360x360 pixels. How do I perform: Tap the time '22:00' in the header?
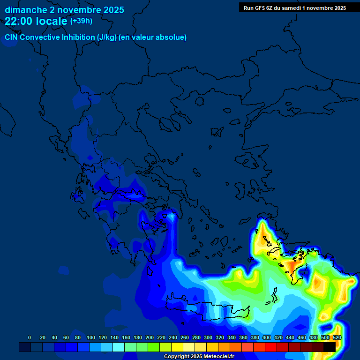[x=18, y=21]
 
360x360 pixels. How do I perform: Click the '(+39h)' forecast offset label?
[x=81, y=21]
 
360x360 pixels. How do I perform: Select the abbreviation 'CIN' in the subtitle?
[x=13, y=37]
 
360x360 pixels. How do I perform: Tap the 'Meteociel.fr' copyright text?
[x=215, y=357]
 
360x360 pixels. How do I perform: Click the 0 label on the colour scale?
[x=30, y=338]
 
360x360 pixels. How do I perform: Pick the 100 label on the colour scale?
[x=91, y=338]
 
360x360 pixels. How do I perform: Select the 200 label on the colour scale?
[x=150, y=338]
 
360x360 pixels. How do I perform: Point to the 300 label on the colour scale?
[x=208, y=338]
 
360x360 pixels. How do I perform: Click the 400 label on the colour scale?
[x=267, y=338]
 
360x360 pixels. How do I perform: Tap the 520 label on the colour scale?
[x=337, y=338]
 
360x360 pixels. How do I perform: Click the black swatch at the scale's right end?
[x=330, y=347]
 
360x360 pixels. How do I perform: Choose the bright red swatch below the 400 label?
[x=271, y=347]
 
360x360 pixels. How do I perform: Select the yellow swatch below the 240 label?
[x=177, y=347]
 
